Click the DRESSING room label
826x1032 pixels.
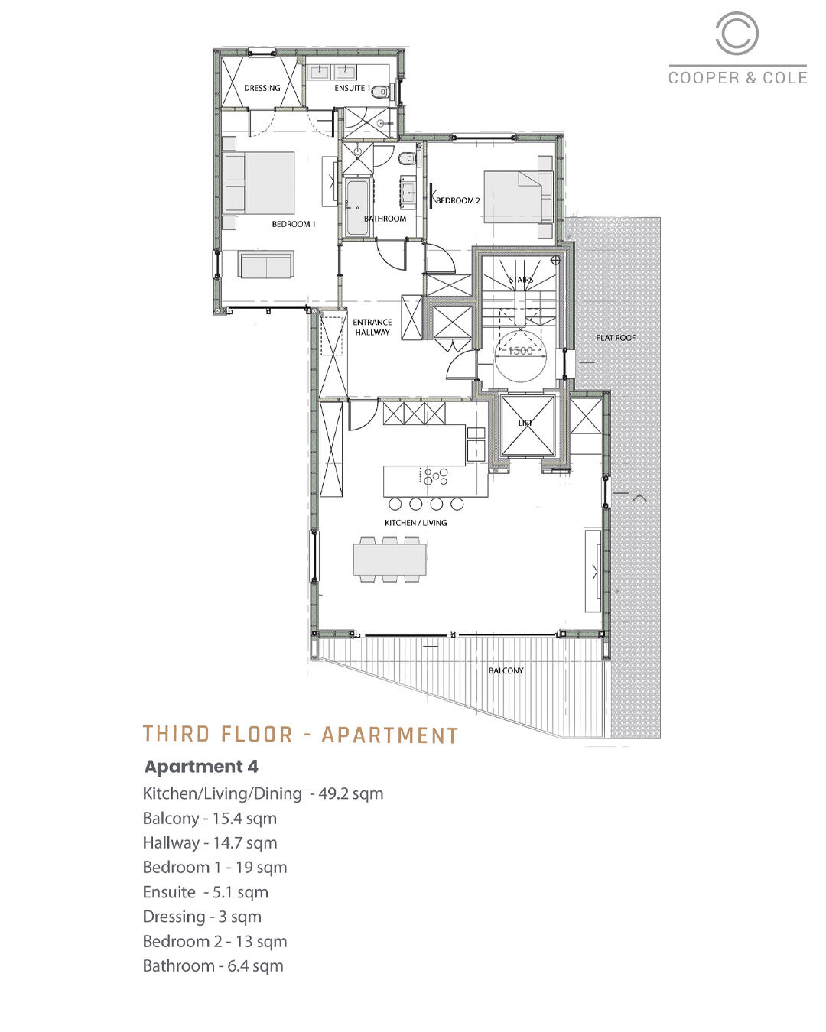[x=262, y=88]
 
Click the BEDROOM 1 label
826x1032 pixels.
[x=294, y=224]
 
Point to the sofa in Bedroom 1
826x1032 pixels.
[x=266, y=264]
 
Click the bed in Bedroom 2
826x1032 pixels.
[x=518, y=197]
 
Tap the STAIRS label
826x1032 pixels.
[x=522, y=280]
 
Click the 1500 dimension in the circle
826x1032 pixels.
[x=520, y=351]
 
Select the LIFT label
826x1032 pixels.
[x=525, y=423]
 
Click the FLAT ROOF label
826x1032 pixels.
[x=616, y=338]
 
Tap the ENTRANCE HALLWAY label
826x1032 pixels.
[x=372, y=327]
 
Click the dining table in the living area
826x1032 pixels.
[x=390, y=560]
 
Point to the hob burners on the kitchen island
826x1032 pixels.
[x=436, y=477]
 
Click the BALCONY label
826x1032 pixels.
[x=506, y=670]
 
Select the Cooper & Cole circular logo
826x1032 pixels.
[x=737, y=33]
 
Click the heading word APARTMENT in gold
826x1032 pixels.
[x=390, y=735]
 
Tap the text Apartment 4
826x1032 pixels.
[x=202, y=766]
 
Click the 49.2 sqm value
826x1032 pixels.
[x=351, y=793]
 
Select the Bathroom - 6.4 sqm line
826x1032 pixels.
[x=213, y=965]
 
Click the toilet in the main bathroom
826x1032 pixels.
[x=407, y=157]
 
